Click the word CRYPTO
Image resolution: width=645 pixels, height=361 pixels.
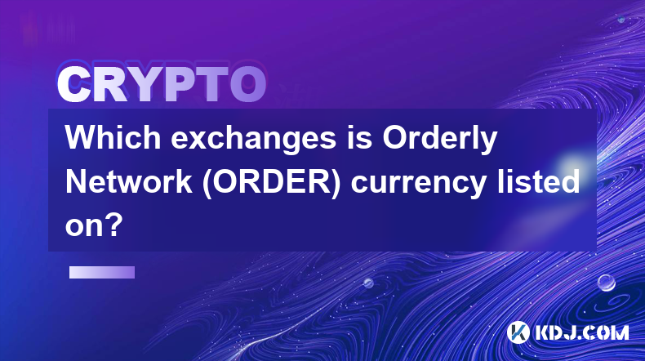[162, 84]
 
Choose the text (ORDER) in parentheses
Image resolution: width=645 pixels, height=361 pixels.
[272, 183]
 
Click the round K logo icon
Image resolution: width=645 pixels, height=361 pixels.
[518, 332]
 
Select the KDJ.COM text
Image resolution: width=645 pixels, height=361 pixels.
[581, 332]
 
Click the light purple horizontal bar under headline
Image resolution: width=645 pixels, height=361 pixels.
[102, 273]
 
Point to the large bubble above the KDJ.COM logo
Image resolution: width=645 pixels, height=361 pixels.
[607, 283]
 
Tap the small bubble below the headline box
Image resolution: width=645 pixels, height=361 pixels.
[368, 283]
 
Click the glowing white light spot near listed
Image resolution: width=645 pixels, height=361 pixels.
[572, 165]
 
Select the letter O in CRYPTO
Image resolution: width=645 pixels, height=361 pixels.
[247, 84]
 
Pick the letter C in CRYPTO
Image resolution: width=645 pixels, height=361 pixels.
[74, 85]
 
